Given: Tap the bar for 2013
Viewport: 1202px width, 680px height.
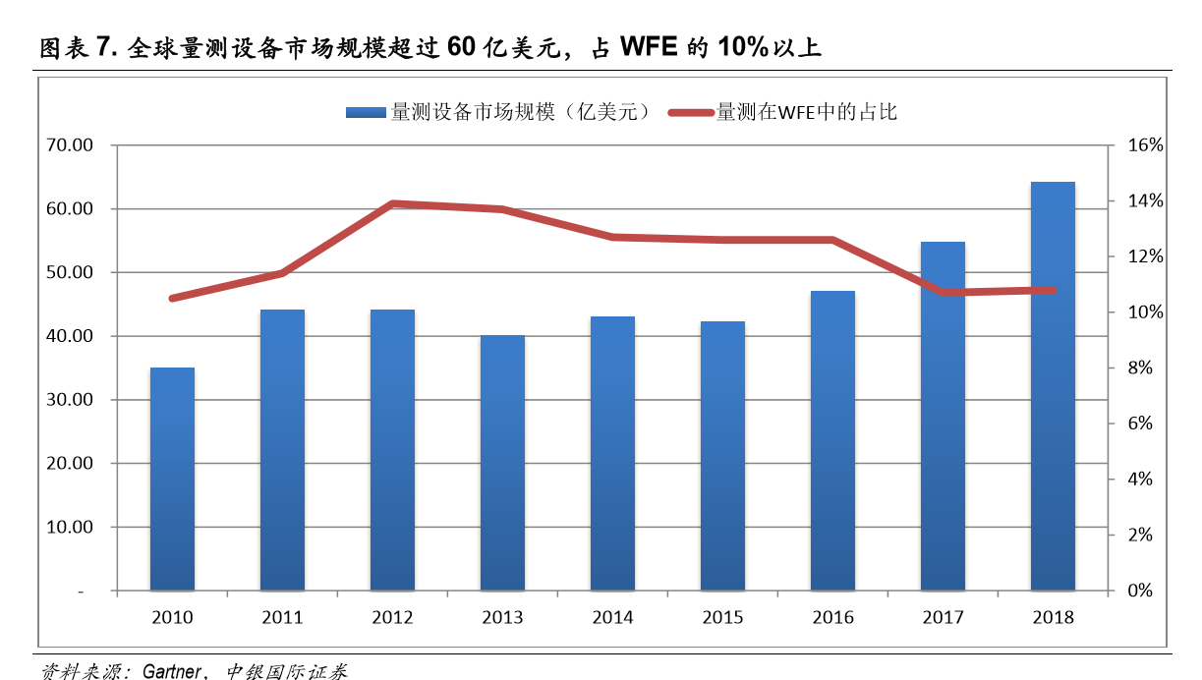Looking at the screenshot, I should click(x=502, y=463).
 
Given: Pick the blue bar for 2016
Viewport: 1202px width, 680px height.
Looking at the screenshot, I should click(x=832, y=441).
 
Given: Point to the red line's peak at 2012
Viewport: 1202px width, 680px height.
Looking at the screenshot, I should click(x=392, y=203).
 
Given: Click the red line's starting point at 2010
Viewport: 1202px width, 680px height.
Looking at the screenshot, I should click(x=172, y=298).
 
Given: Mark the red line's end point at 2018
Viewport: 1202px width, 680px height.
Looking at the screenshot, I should click(x=1053, y=290).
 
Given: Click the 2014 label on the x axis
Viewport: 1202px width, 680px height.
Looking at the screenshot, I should click(x=612, y=618).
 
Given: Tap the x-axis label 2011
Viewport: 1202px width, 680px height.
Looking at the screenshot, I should click(x=282, y=618).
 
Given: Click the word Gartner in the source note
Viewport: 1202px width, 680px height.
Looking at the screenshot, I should click(x=172, y=672).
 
